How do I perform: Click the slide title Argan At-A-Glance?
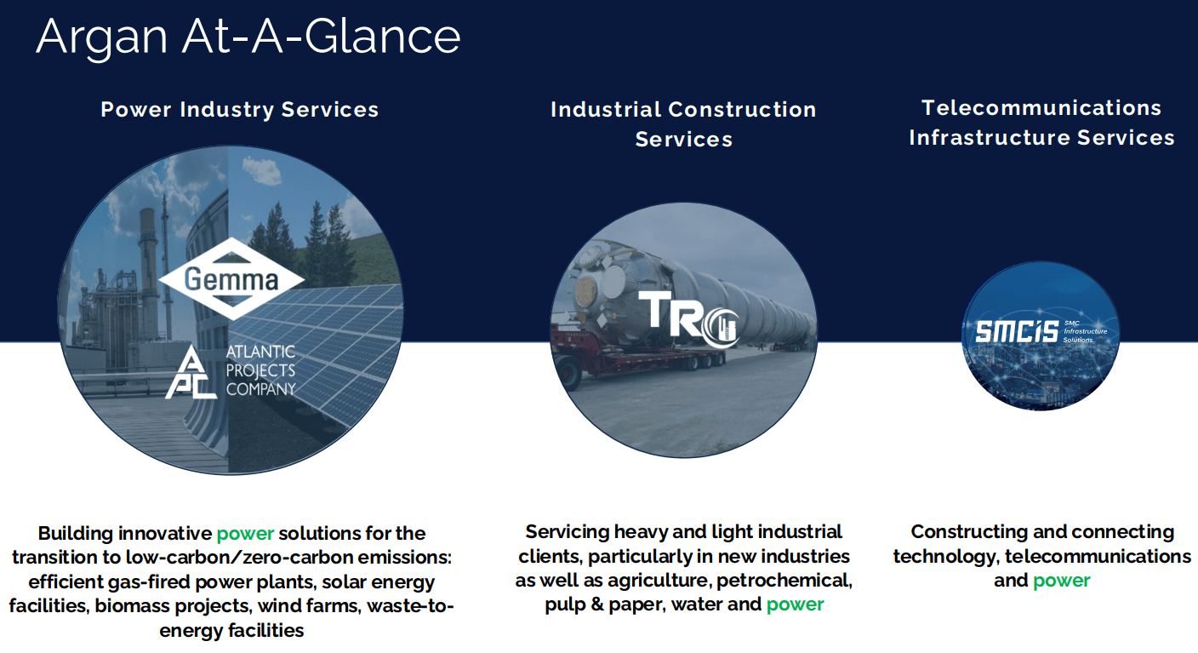248,37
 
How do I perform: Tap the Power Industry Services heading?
240,110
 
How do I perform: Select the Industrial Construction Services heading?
683,124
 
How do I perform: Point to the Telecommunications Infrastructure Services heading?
1041,123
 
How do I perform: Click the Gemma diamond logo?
231,279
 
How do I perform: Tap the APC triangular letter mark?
191,373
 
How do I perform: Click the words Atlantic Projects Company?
260,370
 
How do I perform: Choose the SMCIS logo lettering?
1017,332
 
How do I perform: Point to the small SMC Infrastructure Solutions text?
1085,332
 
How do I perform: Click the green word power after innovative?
246,534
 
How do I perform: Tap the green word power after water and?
796,604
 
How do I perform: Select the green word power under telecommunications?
1062,581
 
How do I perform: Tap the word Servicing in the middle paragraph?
567,532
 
